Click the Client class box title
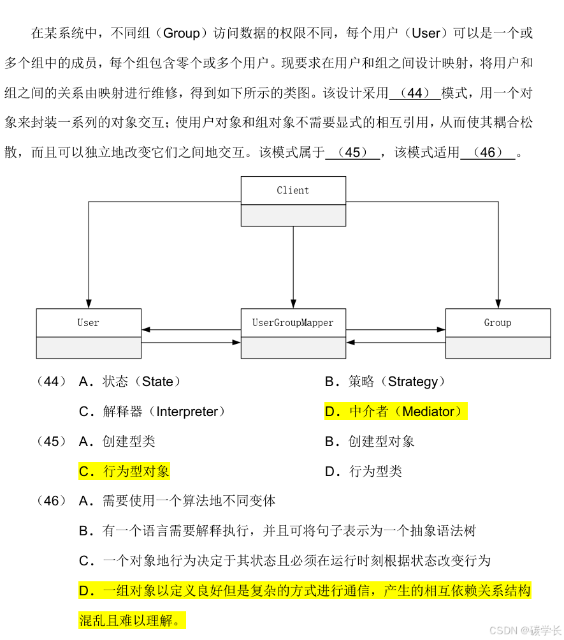293,190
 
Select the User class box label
89,323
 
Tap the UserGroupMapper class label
293,323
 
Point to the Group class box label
498,323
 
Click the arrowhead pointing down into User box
89,303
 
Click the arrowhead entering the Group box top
498,303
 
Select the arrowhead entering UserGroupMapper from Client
293,303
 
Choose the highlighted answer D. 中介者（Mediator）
395,412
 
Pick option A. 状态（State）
130,382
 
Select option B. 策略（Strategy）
385,382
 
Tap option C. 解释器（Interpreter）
152,412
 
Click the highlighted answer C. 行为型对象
124,472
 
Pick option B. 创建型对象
370,442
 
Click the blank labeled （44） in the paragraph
414,93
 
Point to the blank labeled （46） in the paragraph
488,153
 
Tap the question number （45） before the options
51,442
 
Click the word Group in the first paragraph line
182,33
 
